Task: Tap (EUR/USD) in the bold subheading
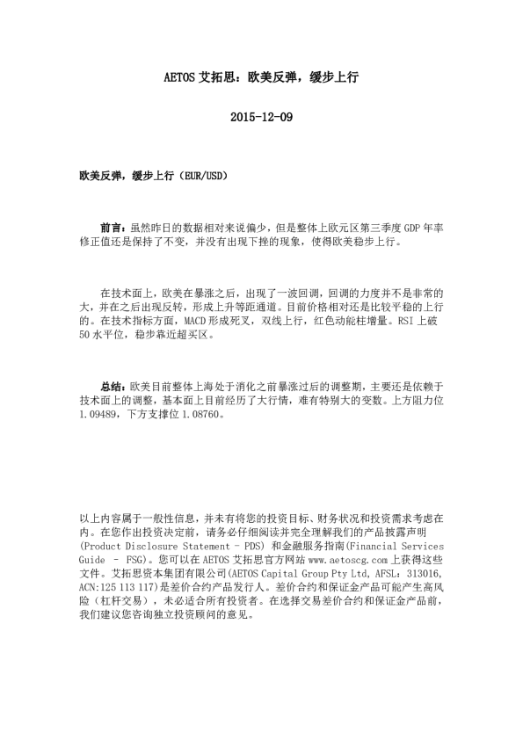coord(204,176)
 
